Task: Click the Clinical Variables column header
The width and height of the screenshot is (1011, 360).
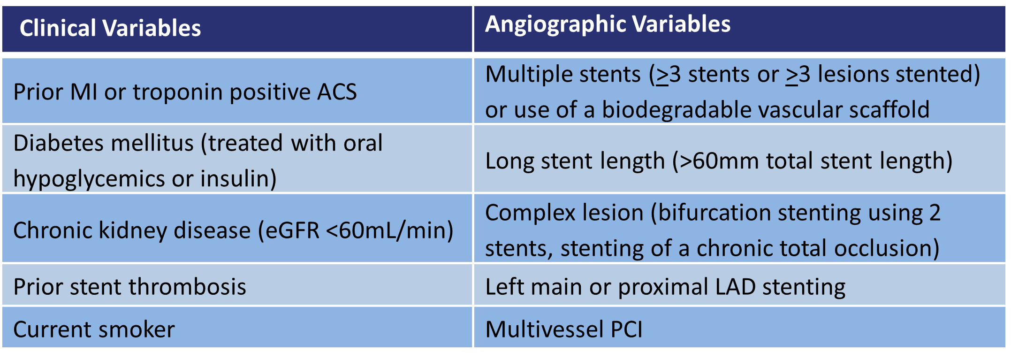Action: [x=110, y=28]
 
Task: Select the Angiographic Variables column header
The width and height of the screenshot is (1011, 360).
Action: [x=608, y=24]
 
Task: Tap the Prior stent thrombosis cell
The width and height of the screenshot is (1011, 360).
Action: [x=129, y=287]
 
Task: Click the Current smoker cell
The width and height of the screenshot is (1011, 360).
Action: [x=94, y=329]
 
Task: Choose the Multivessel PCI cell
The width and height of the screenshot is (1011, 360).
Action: [x=563, y=329]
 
